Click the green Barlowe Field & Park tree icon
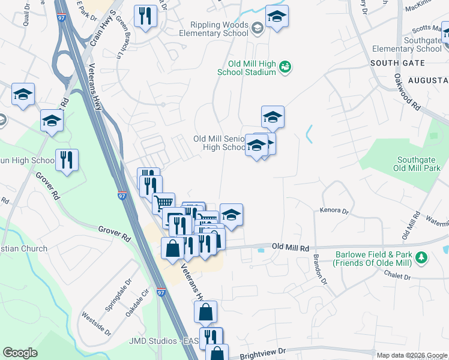click(x=423, y=257)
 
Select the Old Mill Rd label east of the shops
click(x=290, y=247)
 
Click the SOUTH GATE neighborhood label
click(x=397, y=63)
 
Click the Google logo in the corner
click(x=20, y=353)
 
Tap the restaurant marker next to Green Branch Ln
click(x=145, y=17)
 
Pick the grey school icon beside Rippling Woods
click(x=257, y=28)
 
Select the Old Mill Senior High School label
click(x=219, y=143)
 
